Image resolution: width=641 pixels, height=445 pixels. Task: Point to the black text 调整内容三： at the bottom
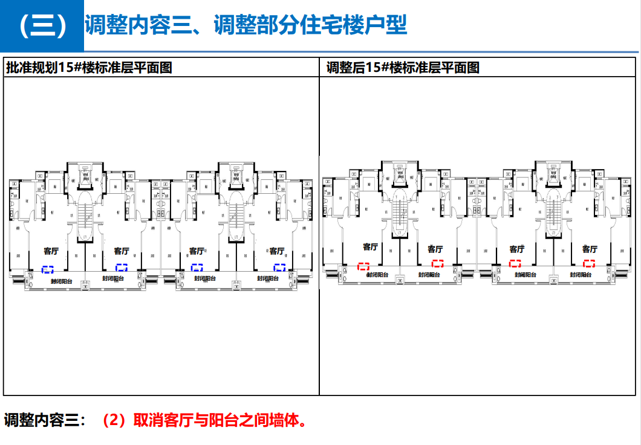45,420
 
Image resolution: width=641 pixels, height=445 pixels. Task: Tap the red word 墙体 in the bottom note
285,420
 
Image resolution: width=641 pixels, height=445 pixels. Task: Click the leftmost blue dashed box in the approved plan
48,269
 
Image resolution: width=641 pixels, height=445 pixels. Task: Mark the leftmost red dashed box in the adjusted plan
363,266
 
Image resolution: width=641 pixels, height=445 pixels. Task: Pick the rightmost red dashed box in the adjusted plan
589,263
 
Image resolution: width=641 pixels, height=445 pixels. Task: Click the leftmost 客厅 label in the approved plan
51,251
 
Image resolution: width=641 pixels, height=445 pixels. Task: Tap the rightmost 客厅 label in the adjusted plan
590,249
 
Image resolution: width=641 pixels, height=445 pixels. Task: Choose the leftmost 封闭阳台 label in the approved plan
62,281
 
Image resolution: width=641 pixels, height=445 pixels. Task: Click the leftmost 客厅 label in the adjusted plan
370,247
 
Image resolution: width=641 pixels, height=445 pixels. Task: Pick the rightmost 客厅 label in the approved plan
276,251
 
